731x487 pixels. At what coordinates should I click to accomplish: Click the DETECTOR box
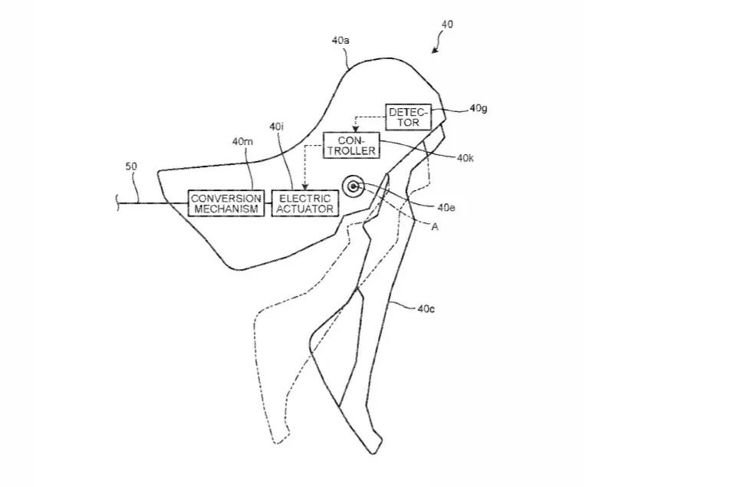click(x=408, y=117)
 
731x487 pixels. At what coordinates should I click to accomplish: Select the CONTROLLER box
click(x=351, y=146)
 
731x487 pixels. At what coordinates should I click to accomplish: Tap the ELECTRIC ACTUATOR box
click(x=305, y=204)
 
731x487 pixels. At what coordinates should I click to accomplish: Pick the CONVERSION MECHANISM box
click(x=226, y=204)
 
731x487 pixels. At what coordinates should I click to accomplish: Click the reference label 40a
click(x=341, y=41)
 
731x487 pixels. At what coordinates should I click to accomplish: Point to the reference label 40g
click(x=479, y=109)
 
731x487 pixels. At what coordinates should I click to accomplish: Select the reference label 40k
click(x=466, y=159)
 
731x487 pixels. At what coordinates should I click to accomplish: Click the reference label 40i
click(x=276, y=127)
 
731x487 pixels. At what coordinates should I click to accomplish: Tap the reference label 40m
click(x=242, y=141)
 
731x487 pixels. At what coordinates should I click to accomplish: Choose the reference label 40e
click(x=446, y=207)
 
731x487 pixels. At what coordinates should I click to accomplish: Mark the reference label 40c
click(x=426, y=308)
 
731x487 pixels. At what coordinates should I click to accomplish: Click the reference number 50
click(x=131, y=166)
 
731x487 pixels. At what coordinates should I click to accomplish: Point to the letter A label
click(x=435, y=227)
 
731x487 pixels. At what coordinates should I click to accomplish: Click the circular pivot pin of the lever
click(x=353, y=186)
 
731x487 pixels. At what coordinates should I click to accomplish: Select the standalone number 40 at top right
click(x=446, y=25)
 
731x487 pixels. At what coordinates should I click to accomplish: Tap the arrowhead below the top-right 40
click(x=434, y=50)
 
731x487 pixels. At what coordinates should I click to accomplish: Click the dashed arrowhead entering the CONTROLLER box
click(x=354, y=129)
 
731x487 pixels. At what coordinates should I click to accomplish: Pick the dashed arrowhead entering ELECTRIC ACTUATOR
click(x=305, y=187)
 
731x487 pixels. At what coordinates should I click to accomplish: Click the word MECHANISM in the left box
click(x=226, y=209)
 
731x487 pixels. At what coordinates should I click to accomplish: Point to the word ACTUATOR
click(x=305, y=209)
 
